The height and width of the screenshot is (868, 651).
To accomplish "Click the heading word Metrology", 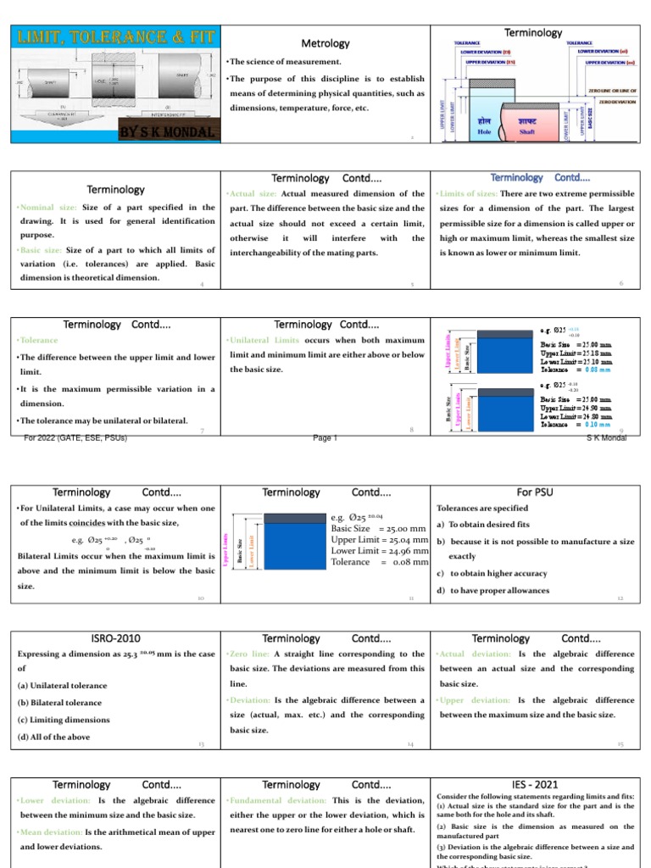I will point(325,43).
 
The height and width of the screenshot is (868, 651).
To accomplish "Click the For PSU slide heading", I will point(533,492).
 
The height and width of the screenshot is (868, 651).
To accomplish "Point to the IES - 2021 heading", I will point(533,785).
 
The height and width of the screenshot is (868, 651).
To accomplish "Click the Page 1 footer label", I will point(325,437).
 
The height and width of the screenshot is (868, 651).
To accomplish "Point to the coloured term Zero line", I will point(251,654).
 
